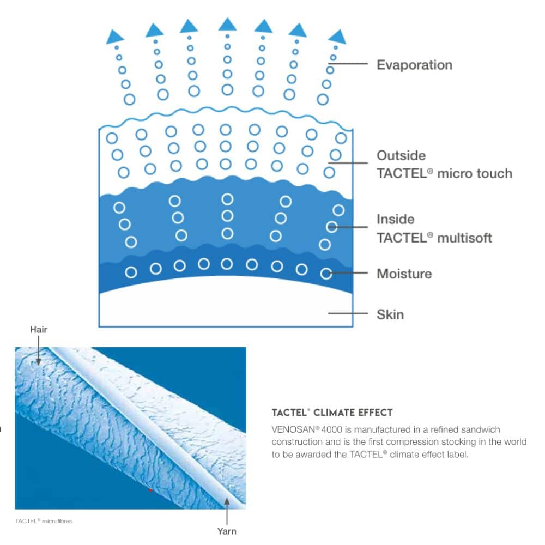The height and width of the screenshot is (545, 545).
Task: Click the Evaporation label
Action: [414, 65]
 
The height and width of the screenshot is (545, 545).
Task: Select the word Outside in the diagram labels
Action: [401, 155]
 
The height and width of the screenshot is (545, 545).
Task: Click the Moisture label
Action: [404, 274]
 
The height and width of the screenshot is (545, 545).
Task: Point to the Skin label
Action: [390, 314]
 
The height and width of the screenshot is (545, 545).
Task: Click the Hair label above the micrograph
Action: [39, 329]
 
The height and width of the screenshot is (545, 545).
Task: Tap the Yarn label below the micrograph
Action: [227, 530]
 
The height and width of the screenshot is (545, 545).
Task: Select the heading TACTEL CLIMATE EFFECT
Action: [332, 413]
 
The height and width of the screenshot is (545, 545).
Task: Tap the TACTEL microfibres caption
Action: [44, 521]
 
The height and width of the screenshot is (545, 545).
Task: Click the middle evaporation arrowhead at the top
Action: [227, 24]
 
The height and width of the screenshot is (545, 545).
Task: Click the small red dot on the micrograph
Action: [150, 490]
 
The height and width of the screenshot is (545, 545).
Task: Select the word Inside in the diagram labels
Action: [396, 219]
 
